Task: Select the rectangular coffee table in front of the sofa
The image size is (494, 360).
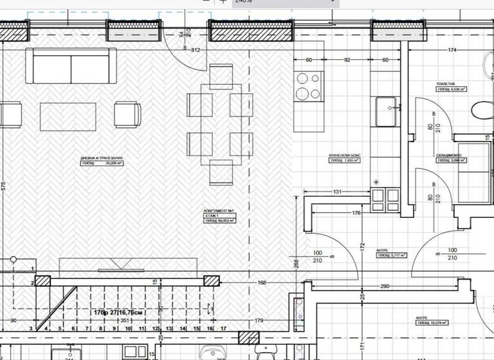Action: tap(68, 116)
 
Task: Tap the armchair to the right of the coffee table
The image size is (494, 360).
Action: tap(127, 114)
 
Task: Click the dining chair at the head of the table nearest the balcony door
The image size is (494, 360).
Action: tap(221, 77)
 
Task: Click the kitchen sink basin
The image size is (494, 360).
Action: tap(386, 112)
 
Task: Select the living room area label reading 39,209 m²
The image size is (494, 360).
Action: tap(102, 163)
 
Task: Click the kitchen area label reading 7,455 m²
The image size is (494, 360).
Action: tap(344, 161)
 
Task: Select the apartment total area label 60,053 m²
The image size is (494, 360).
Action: tap(219, 221)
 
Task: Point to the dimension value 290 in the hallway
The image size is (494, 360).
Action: tap(384, 286)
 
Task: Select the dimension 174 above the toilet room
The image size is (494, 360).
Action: tap(452, 50)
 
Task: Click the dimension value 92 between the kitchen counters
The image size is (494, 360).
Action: tap(347, 60)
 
